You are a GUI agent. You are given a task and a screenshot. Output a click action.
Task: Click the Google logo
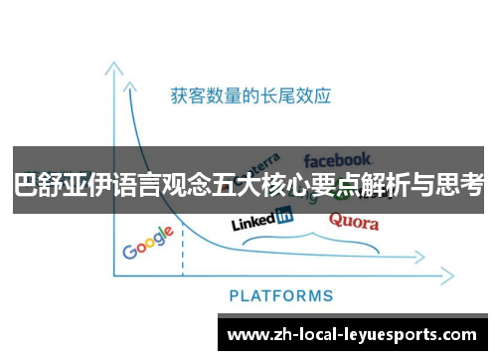148,243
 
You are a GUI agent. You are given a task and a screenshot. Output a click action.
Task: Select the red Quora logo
354,221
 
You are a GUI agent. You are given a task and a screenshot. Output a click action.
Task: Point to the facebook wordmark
337,158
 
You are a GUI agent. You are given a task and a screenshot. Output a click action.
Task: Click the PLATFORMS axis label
281,295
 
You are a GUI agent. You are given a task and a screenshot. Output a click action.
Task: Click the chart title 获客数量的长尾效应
249,96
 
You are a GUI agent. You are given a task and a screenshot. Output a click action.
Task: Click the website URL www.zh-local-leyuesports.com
352,335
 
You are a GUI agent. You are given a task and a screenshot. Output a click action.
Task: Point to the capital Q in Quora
335,221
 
